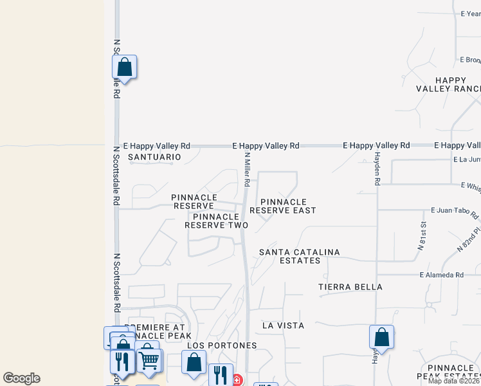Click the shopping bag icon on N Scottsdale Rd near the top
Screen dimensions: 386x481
pos(124,67)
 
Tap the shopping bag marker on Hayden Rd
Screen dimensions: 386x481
pos(381,336)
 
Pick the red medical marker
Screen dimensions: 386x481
pos(237,380)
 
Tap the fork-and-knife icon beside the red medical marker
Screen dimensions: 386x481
pos(220,374)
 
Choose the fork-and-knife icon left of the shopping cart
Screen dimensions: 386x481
pos(122,361)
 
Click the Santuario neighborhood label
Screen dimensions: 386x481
pos(154,157)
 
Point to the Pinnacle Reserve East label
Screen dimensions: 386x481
pos(283,206)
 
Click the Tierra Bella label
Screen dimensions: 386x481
pos(350,287)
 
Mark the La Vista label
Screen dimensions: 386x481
pos(283,326)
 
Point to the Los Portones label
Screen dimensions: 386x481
pos(222,345)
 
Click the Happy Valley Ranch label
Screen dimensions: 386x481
pos(448,84)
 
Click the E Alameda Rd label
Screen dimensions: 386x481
pos(441,275)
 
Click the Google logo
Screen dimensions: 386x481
pos(21,378)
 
